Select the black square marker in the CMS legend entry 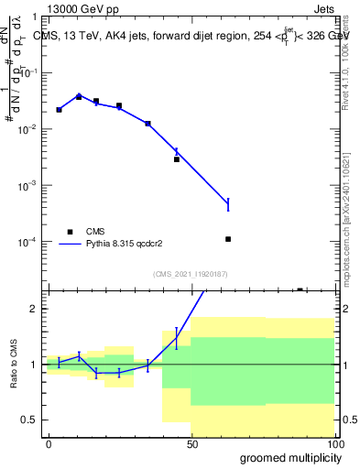tap(70, 232)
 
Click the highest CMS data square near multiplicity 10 tap(79, 96)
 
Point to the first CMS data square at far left tap(59, 110)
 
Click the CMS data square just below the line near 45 tap(177, 159)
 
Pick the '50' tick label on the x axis tap(191, 444)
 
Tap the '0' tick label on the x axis tap(48, 444)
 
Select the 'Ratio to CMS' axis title tap(14, 365)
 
